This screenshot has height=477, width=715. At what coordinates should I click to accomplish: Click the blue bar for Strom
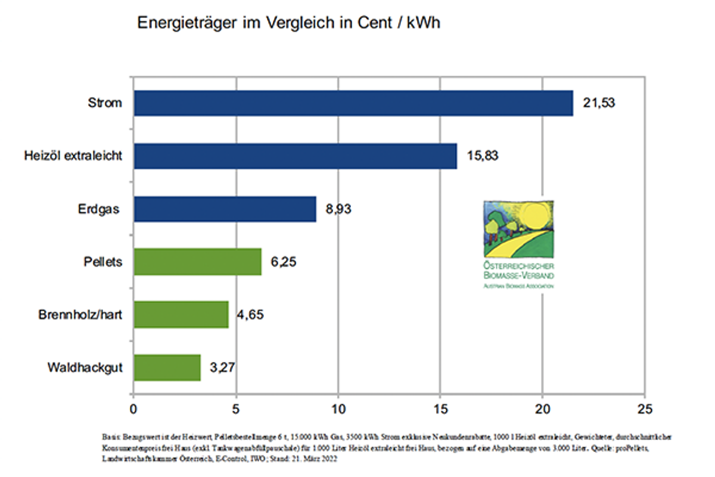[x=353, y=103]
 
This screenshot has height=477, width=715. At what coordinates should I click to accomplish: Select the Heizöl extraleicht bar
[x=295, y=156]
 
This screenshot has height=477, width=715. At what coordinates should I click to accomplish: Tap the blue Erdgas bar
[x=225, y=209]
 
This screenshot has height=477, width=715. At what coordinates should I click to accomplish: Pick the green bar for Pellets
[x=197, y=262]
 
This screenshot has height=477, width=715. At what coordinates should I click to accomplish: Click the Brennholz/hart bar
[x=181, y=314]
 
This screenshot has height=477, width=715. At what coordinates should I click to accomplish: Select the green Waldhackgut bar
[x=167, y=367]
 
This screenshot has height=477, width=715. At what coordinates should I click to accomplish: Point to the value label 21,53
[x=599, y=103]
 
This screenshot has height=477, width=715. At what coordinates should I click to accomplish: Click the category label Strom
[x=104, y=103]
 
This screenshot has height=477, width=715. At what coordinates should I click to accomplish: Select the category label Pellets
[x=102, y=262]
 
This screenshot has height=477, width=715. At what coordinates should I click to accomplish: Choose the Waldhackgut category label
[x=85, y=367]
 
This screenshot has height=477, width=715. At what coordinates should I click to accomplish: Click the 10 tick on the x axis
[x=338, y=410]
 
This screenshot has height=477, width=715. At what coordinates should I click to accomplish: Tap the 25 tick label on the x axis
[x=644, y=410]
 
